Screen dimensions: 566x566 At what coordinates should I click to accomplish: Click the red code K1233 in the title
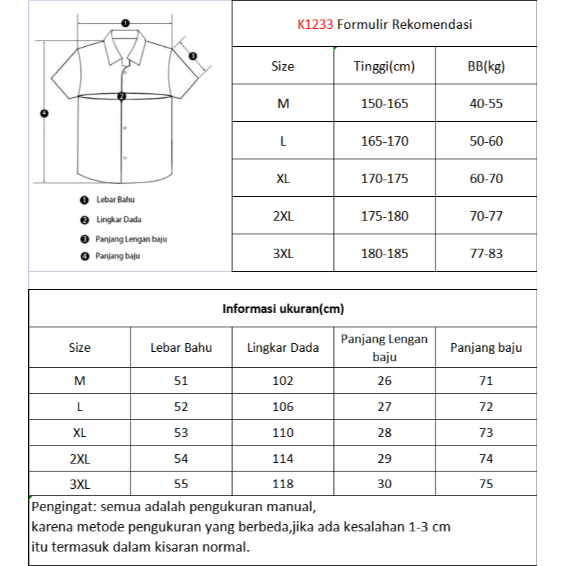315,25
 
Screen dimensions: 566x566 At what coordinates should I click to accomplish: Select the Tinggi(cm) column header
384,66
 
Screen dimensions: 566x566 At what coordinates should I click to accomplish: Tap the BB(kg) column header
486,66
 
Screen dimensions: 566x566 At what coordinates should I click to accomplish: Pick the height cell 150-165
384,104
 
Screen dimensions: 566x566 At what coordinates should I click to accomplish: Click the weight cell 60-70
486,179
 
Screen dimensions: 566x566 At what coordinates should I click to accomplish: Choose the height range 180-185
384,254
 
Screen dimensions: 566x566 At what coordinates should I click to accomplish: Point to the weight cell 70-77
486,216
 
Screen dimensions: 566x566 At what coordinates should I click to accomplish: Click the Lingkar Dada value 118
283,485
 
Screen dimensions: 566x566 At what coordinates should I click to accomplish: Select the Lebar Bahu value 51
181,381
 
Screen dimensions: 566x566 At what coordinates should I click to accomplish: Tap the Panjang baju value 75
486,485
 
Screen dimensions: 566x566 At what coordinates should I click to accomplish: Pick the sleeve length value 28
384,433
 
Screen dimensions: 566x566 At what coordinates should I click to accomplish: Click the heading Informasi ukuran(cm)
283,309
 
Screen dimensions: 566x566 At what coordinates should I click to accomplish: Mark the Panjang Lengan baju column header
384,348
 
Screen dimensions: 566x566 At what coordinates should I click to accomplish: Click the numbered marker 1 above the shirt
125,23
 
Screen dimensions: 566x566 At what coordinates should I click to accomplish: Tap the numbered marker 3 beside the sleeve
193,56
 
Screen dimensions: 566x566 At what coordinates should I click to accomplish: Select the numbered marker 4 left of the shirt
43,113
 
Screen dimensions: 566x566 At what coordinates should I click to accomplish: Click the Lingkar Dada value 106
283,407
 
